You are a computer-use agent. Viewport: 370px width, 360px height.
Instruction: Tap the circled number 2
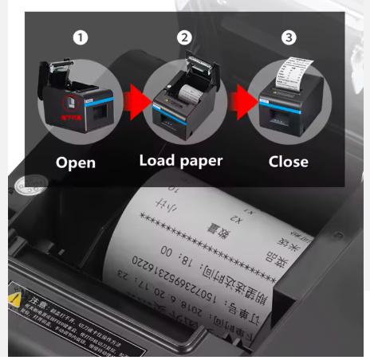(185, 37)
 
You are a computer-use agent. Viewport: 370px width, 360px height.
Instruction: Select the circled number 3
(288, 37)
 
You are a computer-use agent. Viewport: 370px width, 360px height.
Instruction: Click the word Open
(76, 162)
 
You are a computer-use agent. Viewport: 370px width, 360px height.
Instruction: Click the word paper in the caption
(201, 162)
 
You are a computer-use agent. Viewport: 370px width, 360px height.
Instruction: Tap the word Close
(288, 162)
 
